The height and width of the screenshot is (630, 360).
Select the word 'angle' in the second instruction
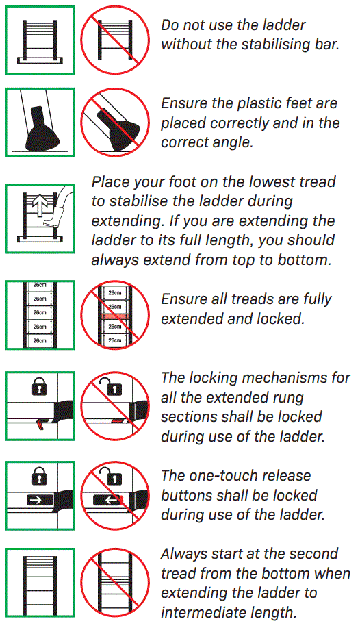[237, 142]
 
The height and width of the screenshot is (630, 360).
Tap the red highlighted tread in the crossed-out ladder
[114, 317]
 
